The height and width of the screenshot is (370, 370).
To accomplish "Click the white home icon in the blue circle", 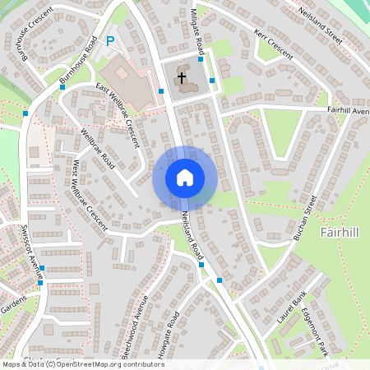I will [184, 178].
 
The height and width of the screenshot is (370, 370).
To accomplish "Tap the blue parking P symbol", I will [109, 41].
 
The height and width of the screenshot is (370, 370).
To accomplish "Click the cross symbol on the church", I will [182, 78].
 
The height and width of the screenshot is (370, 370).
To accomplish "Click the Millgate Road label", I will [200, 23].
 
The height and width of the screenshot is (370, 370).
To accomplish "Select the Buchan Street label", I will [306, 217].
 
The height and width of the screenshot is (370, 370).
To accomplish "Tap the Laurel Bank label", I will [291, 307].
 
